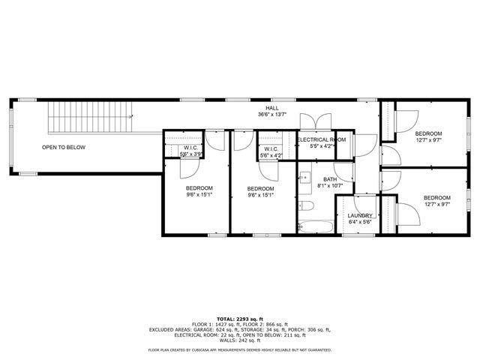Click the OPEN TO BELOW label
64,147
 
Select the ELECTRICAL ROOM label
321,140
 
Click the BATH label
330,179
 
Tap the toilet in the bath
306,205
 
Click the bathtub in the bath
314,225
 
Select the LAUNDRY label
359,216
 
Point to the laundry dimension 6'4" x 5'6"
359,223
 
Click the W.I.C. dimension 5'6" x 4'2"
271,155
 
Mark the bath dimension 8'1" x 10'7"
330,186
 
